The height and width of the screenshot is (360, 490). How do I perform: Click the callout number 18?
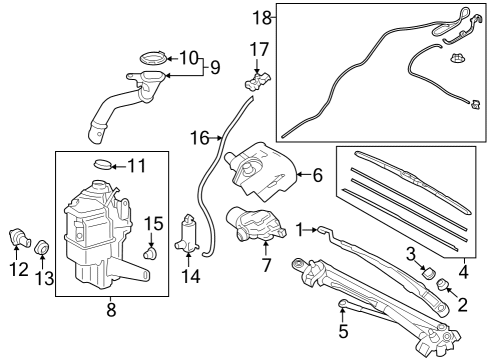(262, 17)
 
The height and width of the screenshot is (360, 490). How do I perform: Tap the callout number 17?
(259, 50)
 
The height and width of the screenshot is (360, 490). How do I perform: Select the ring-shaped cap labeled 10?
(153, 58)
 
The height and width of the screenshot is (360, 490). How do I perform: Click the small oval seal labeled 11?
(103, 164)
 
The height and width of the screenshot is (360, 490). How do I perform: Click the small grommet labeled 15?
(150, 253)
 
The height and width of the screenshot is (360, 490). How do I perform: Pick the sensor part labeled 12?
(20, 237)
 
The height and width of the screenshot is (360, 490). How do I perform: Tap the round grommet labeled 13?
(42, 247)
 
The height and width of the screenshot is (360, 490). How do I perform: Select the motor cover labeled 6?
(261, 172)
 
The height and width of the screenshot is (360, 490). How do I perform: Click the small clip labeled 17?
(257, 82)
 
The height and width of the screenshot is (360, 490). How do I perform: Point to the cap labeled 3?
(429, 272)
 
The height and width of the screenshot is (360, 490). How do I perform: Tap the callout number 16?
(200, 138)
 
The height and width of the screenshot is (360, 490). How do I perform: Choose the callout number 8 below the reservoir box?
(111, 310)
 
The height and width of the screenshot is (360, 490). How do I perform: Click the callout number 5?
(343, 331)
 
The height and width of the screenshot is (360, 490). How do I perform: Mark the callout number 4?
(464, 272)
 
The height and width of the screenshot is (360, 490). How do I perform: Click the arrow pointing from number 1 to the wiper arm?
(311, 229)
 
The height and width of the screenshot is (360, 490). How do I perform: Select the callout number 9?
(215, 67)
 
